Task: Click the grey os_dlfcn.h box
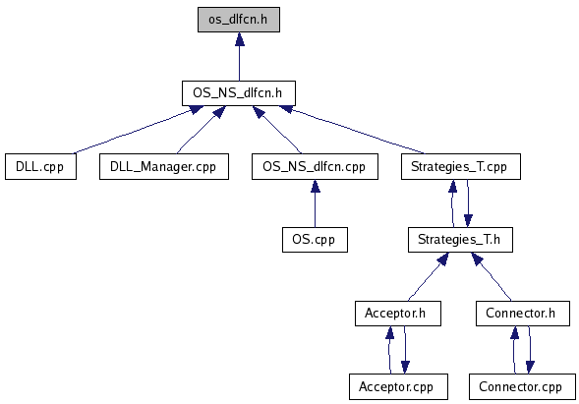[239, 20]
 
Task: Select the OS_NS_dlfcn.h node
[239, 92]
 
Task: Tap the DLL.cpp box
[40, 166]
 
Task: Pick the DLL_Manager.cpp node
[164, 166]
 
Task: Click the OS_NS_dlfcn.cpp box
[315, 166]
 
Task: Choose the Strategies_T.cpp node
[461, 166]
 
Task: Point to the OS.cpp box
[315, 240]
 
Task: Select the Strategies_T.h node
[460, 240]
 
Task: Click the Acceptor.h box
[398, 314]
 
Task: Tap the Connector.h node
[523, 314]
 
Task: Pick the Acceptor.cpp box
[398, 386]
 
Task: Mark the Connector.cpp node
[523, 386]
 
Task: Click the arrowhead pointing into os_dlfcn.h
[240, 39]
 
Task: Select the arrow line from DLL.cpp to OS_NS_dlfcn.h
[138, 130]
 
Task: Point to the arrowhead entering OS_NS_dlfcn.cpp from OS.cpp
[316, 187]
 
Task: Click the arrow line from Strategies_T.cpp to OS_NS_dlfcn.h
[352, 130]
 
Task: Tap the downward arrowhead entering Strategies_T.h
[468, 220]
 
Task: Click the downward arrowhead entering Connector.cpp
[530, 367]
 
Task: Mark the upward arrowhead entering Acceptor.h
[390, 332]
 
